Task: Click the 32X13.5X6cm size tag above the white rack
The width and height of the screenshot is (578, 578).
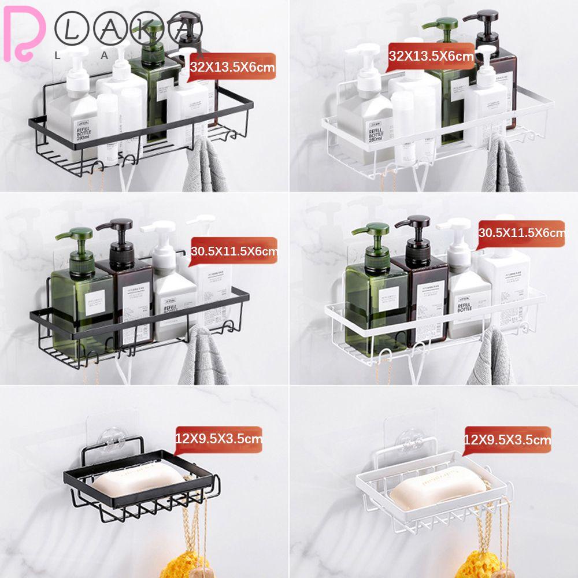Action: tap(431, 56)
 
